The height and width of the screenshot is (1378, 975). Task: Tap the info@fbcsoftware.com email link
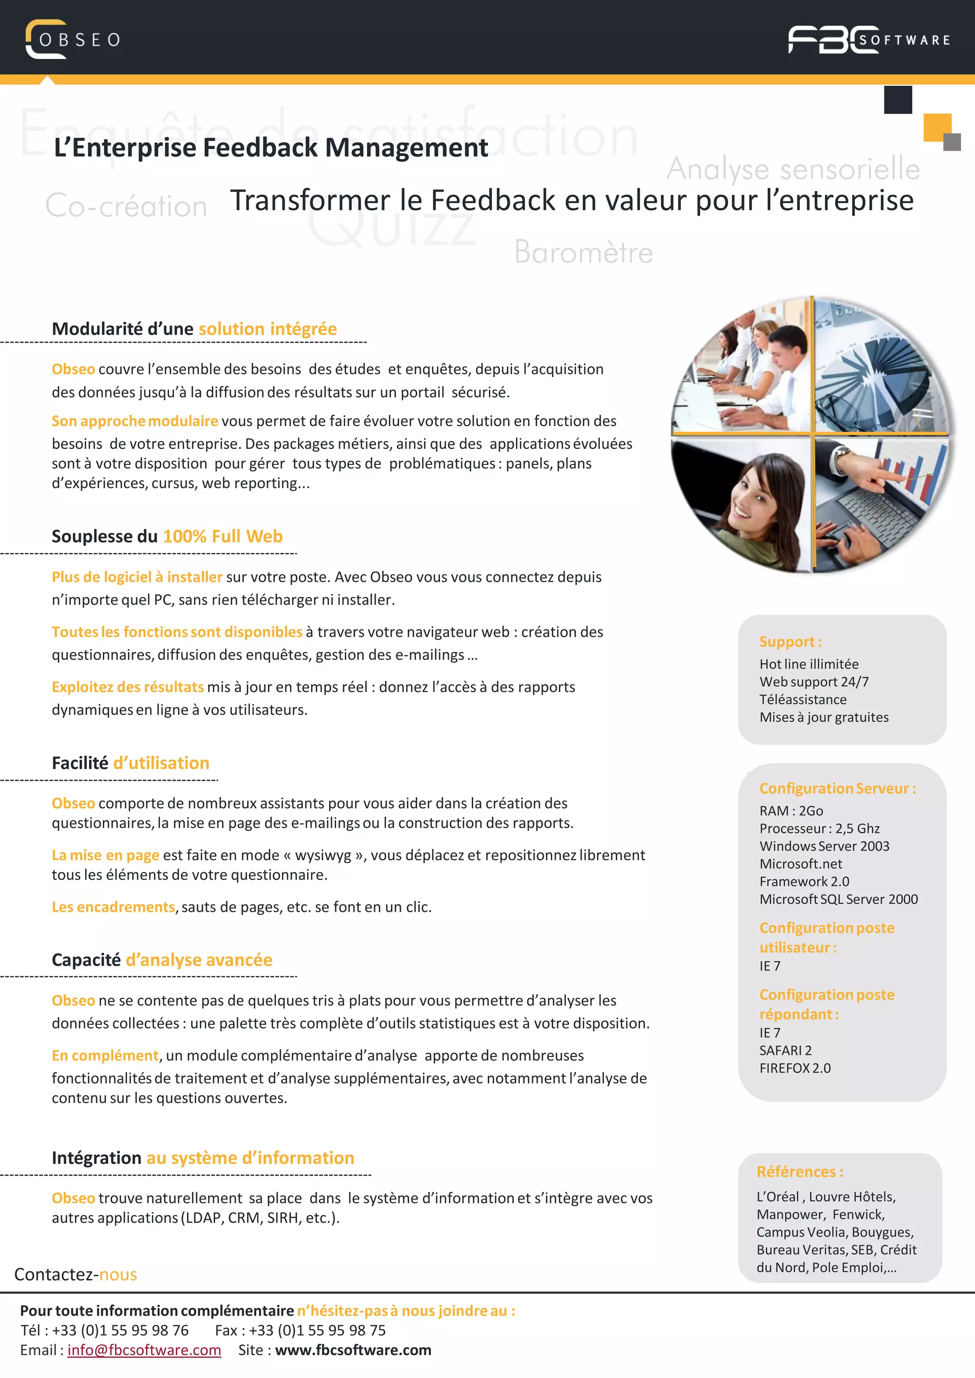(x=144, y=1350)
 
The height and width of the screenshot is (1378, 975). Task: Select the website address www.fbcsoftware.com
(x=353, y=1350)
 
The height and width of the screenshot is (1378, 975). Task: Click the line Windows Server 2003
(x=824, y=846)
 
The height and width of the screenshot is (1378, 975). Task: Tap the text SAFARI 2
(x=785, y=1050)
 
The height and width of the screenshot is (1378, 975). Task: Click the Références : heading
(x=799, y=1171)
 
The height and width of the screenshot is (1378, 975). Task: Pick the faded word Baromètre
(x=583, y=252)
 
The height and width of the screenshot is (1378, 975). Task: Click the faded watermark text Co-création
(x=126, y=206)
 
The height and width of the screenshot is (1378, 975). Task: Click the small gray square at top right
(x=952, y=142)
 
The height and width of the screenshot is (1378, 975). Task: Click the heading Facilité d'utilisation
(x=130, y=763)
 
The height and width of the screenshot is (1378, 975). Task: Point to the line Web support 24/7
(x=814, y=682)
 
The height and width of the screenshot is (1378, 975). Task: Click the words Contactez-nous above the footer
(x=76, y=1274)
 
